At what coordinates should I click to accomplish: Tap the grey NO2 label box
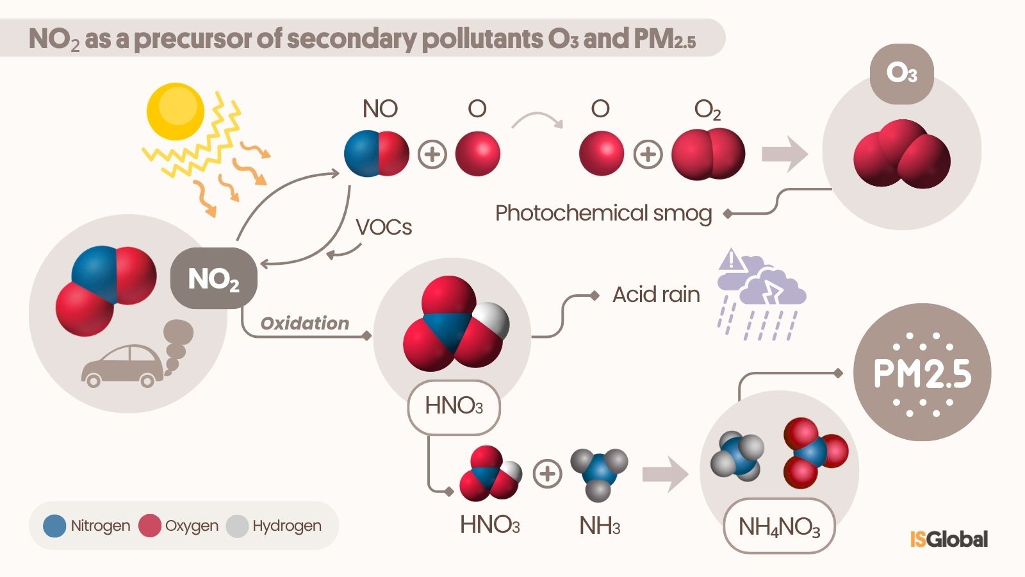[214, 279]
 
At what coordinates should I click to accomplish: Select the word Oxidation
[305, 323]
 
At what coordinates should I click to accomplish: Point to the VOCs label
[384, 227]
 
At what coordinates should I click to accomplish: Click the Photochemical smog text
[603, 213]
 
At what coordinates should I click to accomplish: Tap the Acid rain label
[656, 294]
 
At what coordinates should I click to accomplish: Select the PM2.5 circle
[922, 372]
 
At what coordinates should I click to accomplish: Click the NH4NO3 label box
[779, 526]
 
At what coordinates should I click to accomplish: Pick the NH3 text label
[600, 526]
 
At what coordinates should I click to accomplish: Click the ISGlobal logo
[949, 539]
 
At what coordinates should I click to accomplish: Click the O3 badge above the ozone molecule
[901, 74]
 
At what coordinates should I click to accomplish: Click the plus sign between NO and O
[432, 155]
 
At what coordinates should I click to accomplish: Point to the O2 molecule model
[708, 154]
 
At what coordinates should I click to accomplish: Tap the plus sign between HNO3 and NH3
[547, 474]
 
